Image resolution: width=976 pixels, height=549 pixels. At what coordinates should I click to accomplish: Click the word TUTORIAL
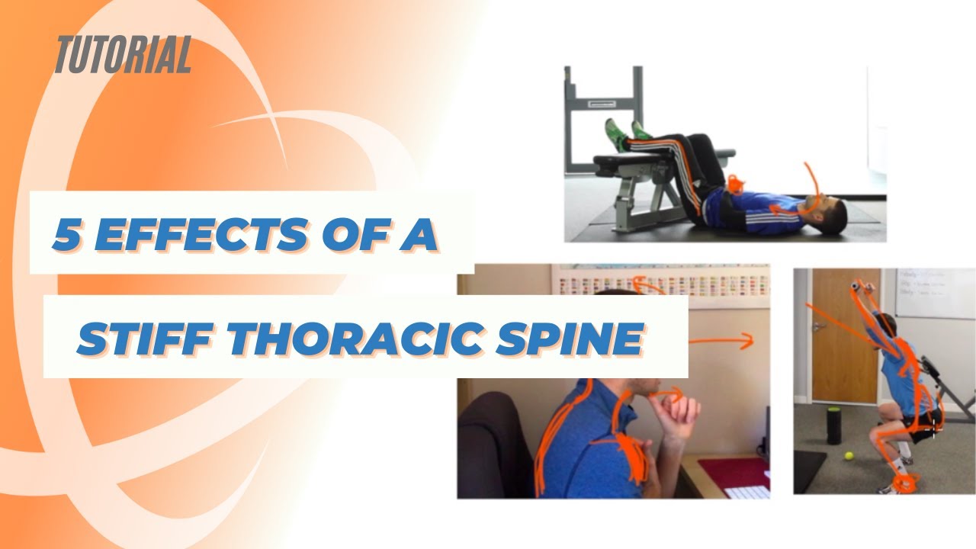[122, 56]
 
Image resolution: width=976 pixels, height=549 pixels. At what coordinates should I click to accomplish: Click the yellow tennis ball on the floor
[847, 457]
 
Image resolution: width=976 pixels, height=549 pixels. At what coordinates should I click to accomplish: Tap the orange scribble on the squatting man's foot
[907, 483]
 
